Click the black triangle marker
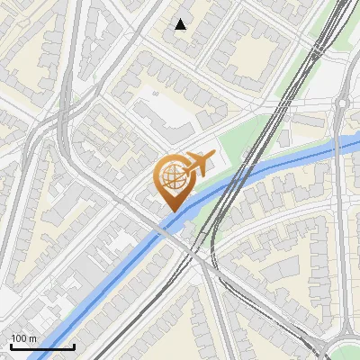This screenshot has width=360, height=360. click(x=181, y=24)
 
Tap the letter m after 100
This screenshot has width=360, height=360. click(x=32, y=338)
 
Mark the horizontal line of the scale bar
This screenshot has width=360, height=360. click(x=41, y=346)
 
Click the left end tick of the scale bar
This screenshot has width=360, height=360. click(x=10, y=344)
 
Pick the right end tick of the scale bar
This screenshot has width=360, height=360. click(x=74, y=344)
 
